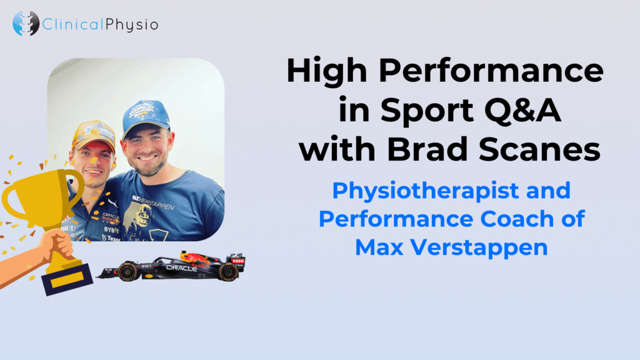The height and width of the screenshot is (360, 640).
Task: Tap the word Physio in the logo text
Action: point(132,24)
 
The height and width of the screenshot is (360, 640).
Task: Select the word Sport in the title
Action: point(427,110)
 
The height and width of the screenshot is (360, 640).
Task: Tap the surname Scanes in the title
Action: point(539,149)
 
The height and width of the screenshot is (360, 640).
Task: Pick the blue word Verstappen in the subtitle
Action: point(479,248)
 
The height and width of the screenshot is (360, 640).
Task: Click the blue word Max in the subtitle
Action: point(379,247)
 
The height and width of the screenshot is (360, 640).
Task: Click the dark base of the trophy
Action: point(67,279)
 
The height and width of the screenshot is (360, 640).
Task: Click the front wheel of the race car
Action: point(127,271)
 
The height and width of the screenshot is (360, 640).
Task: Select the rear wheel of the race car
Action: point(228,271)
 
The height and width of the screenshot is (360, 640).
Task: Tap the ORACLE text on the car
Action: point(182,268)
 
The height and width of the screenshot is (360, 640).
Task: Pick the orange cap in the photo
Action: point(94,134)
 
